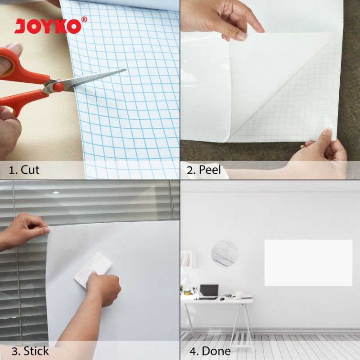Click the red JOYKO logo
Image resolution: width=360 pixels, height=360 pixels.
48,26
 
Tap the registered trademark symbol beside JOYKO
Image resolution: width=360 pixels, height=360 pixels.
84,19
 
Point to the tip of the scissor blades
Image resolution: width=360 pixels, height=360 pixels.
125,70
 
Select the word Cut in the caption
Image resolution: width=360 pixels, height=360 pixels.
30,170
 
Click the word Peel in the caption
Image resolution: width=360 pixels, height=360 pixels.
212,170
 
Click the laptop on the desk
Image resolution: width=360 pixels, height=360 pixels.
208,291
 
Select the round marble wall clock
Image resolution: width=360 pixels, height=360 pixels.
224,253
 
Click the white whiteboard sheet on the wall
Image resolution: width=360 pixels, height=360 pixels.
308,263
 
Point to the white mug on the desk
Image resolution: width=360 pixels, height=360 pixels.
238,295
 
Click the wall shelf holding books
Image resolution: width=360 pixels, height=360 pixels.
186,260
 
